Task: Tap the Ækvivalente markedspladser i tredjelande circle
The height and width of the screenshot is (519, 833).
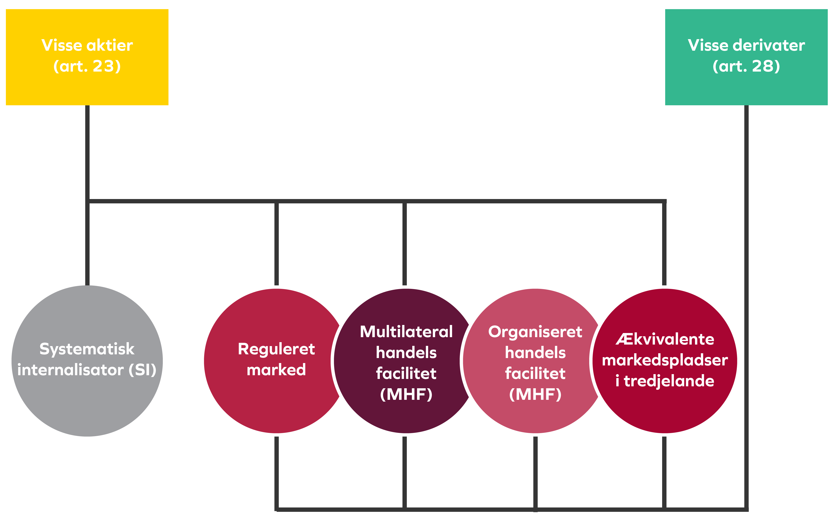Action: point(665,409)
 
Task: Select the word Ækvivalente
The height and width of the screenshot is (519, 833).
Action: point(665,340)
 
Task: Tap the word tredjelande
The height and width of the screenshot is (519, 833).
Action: point(669,381)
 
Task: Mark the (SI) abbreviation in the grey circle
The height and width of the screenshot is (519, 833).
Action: point(142,370)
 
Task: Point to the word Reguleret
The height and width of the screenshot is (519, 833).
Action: point(276,349)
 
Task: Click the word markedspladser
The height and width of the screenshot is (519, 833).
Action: point(665,360)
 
